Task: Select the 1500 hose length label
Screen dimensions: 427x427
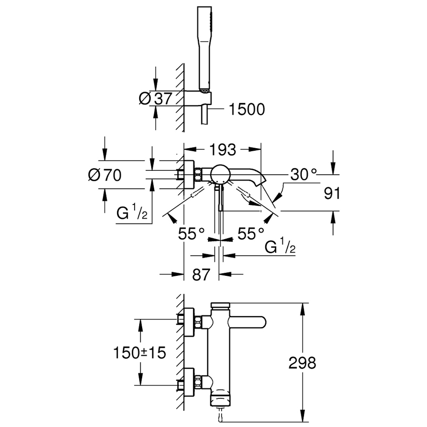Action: coord(246,109)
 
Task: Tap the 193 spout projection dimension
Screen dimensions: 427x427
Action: coord(223,149)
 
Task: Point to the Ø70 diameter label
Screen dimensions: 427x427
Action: coord(105,175)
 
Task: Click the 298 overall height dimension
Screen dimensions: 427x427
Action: coord(302,363)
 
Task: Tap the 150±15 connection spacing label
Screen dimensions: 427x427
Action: coord(140,352)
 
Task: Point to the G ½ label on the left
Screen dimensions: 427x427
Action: coord(132,213)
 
